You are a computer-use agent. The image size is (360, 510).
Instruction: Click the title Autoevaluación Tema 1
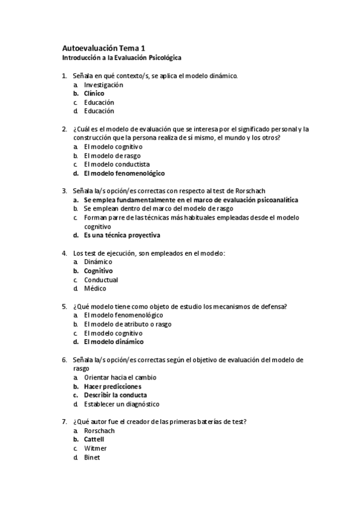coord(103,48)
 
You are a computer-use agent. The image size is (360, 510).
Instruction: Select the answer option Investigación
coord(103,85)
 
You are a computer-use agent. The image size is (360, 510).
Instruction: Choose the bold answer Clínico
coord(94,94)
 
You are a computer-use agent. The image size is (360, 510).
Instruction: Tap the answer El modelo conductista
coord(117,164)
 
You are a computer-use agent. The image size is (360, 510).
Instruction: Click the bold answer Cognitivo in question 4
coord(98,271)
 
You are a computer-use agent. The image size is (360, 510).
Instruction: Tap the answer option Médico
coord(95,289)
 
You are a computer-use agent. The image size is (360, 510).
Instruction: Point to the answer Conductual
coord(101,280)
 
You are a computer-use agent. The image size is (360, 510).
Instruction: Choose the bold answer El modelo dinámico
coord(114,342)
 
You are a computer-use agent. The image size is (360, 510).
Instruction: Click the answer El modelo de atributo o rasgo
coord(127,324)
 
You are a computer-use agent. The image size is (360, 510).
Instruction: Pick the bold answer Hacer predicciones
coord(112,386)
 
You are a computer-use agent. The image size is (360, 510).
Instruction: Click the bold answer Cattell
coord(94,439)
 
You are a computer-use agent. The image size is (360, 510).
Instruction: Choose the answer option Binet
coord(92,457)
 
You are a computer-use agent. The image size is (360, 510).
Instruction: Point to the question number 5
coord(64,306)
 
